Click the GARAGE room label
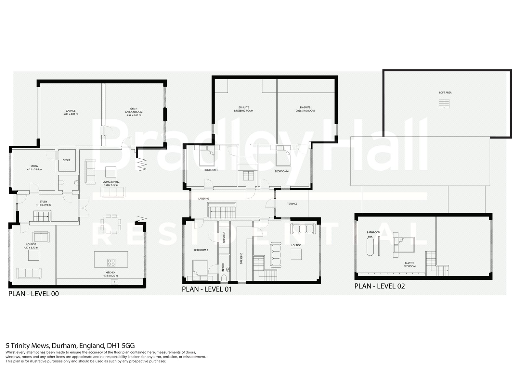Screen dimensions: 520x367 click(71, 111)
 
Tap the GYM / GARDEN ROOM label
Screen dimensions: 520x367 click(133, 110)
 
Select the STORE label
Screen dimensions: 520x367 click(67, 160)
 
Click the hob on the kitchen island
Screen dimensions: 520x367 click(111, 263)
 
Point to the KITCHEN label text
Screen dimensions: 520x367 click(110, 273)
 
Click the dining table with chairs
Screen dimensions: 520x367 click(111, 224)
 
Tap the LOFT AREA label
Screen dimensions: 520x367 click(445, 92)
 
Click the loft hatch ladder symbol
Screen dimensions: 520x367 click(444, 104)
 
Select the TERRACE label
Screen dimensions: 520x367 click(292, 204)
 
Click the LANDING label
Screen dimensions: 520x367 click(203, 199)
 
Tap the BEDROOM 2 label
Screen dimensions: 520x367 click(201, 250)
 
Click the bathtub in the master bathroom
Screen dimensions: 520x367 click(370, 246)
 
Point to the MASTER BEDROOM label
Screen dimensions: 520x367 click(410, 265)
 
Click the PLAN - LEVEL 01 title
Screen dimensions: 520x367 click(207, 289)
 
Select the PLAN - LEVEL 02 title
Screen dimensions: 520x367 click(380, 286)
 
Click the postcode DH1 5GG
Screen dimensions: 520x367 click(121, 346)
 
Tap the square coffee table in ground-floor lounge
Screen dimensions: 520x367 click(33, 255)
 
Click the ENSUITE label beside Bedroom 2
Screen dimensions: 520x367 click(223, 267)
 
